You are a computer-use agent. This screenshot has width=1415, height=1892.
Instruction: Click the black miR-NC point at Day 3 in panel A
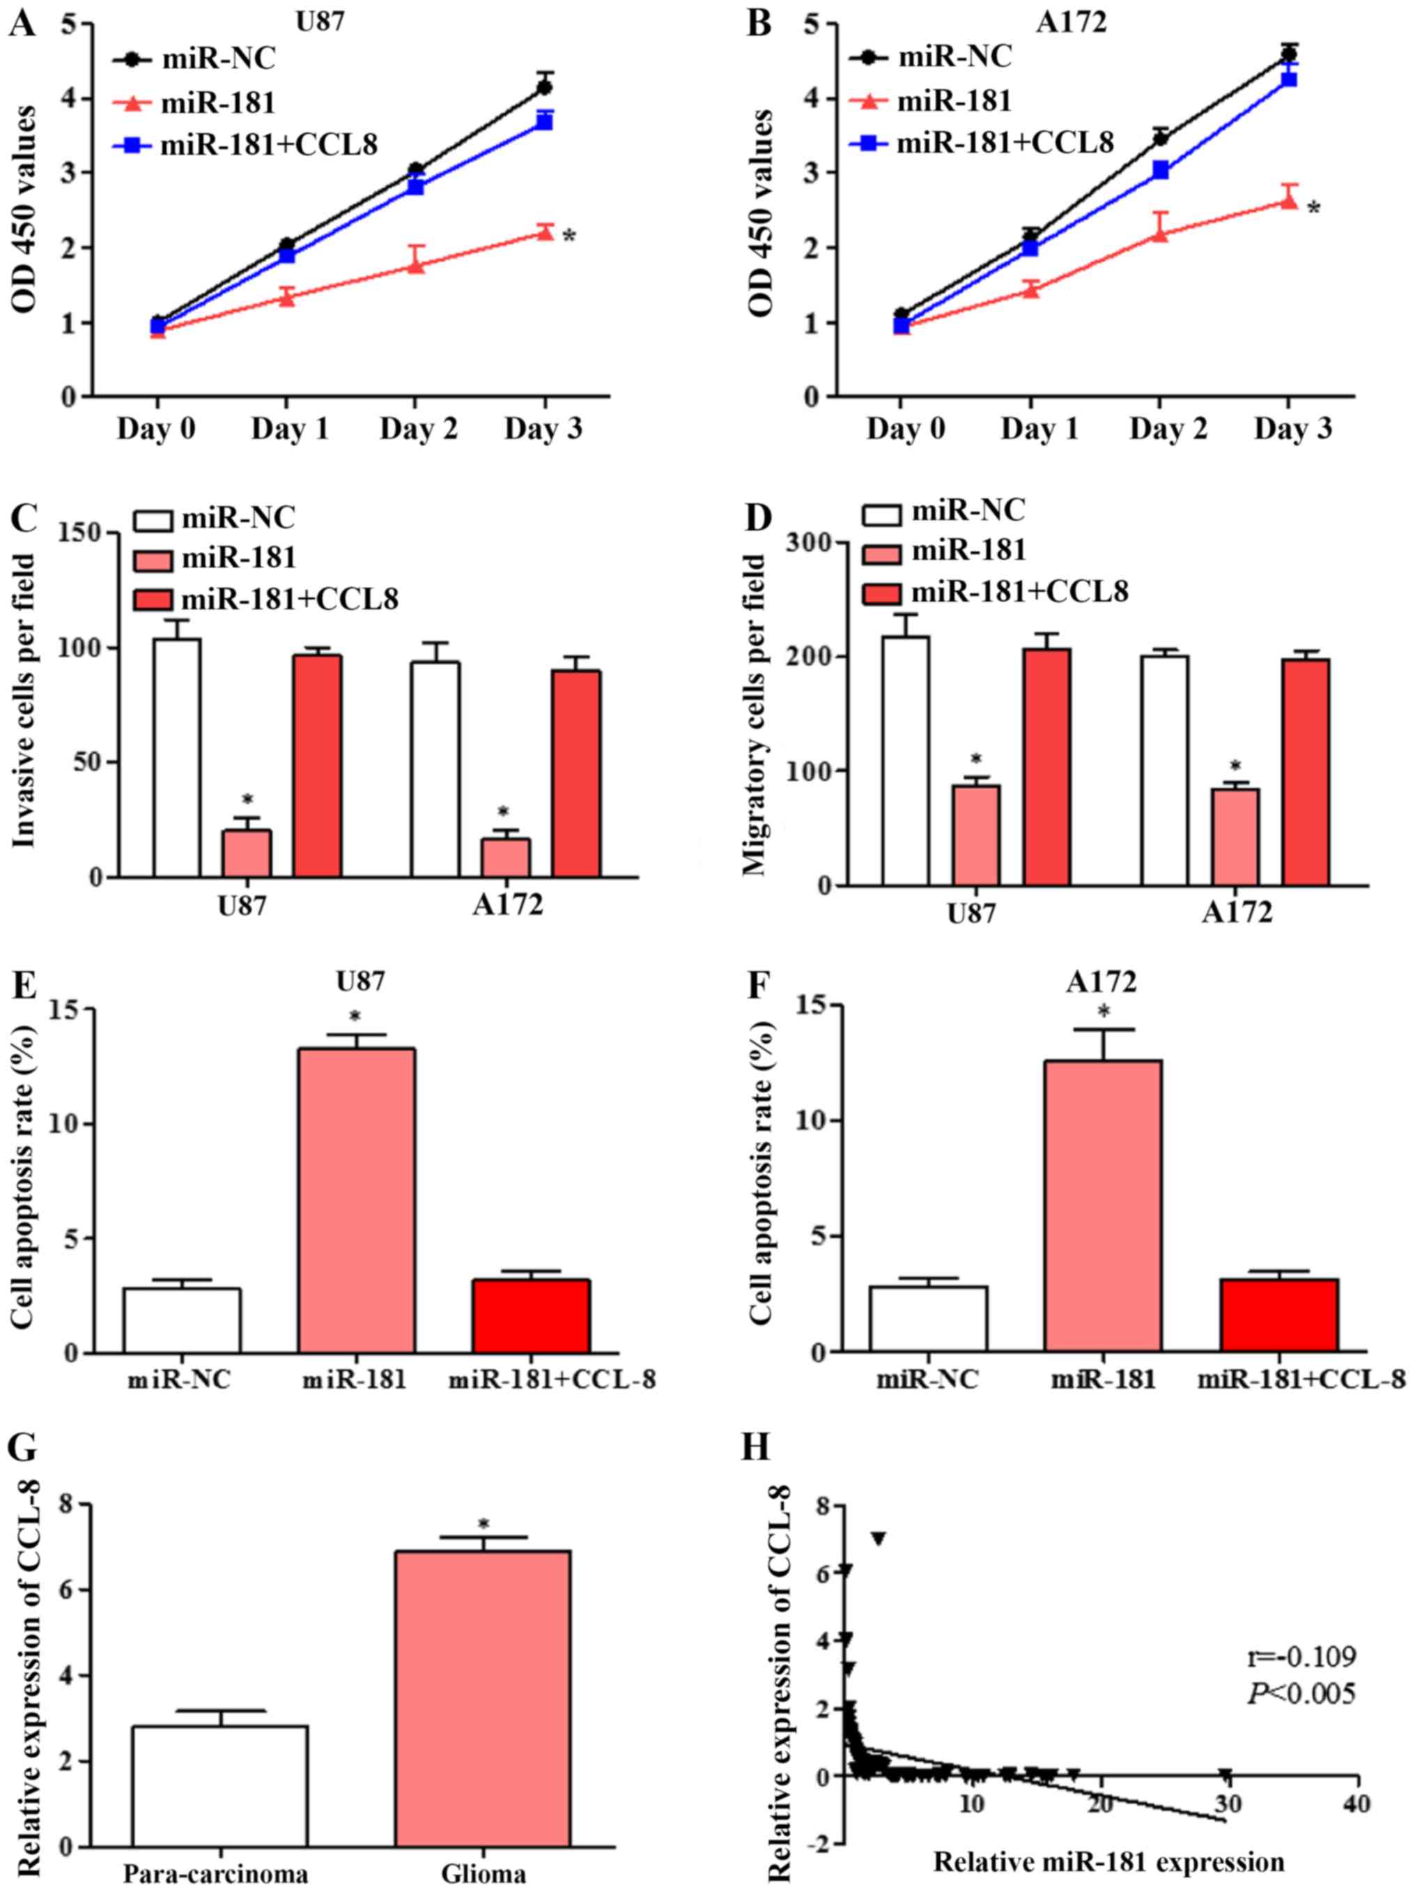coord(543,86)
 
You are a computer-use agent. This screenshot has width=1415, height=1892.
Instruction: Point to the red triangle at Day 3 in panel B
coord(1288,202)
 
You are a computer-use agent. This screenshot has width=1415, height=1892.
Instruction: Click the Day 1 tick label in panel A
coord(289,429)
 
